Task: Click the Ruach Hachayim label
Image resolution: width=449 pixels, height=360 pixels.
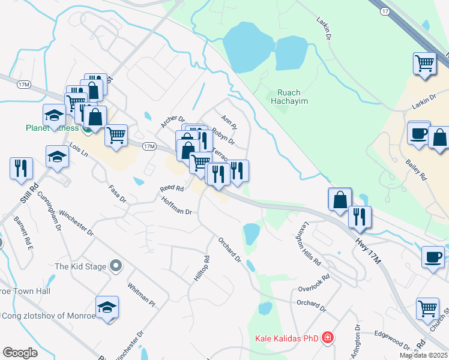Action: (x=292, y=97)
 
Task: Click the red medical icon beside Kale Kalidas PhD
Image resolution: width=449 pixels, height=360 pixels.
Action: (x=327, y=338)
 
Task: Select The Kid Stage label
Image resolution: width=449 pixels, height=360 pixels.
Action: (x=81, y=266)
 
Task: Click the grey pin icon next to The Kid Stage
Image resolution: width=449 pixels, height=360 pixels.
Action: (x=116, y=266)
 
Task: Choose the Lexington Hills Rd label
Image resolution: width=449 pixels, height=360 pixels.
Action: (x=308, y=244)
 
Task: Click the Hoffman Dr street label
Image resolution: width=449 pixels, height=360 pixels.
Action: (x=176, y=207)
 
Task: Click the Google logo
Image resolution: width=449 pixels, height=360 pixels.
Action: (x=20, y=352)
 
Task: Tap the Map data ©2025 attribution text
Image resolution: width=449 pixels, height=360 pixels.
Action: (x=423, y=355)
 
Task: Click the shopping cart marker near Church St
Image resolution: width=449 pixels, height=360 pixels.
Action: (x=428, y=309)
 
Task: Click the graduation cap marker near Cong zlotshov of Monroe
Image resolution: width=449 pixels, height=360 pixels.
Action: (x=107, y=308)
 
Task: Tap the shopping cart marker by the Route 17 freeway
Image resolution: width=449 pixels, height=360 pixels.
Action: (x=424, y=63)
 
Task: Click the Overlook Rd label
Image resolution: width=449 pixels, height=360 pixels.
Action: (x=315, y=283)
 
